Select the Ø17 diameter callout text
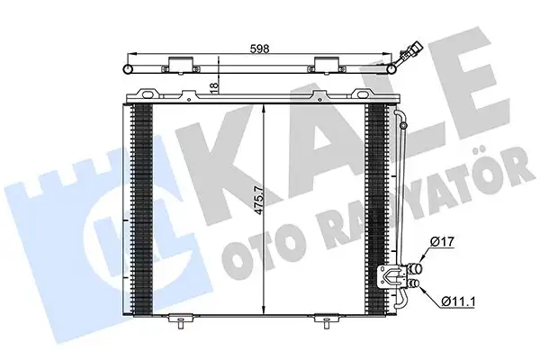tap(443, 241)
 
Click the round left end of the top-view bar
tap(127, 68)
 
